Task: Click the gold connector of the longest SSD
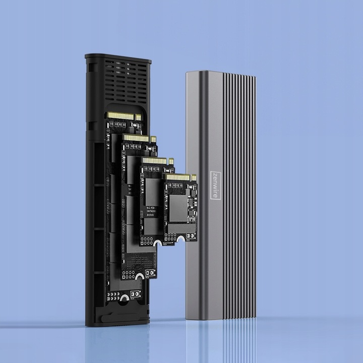tap(121, 116)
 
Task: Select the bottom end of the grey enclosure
tap(222, 316)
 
